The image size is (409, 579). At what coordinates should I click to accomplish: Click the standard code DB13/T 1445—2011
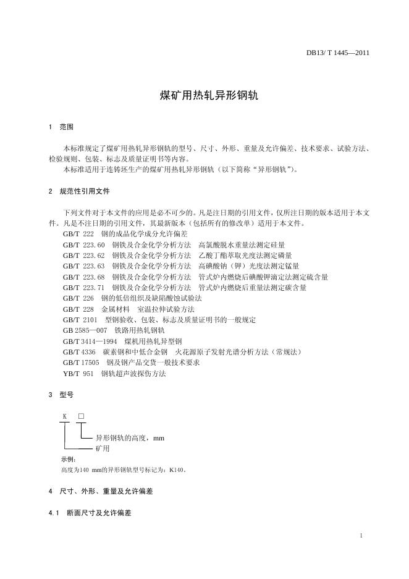pyautogui.click(x=338, y=53)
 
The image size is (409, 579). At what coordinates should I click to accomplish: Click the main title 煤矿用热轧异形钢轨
pyautogui.click(x=204, y=96)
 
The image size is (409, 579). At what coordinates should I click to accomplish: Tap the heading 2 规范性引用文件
pyautogui.click(x=78, y=192)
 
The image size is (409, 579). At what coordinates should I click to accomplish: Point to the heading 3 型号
pyautogui.click(x=61, y=395)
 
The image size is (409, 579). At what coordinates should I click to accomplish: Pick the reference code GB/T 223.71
pyautogui.click(x=84, y=288)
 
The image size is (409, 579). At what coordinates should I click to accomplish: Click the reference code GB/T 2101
pyautogui.click(x=80, y=320)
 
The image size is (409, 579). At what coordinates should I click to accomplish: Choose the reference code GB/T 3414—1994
pyautogui.click(x=90, y=341)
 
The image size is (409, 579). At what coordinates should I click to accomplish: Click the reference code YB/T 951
pyautogui.click(x=78, y=374)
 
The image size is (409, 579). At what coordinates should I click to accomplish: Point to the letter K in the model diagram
pyautogui.click(x=64, y=416)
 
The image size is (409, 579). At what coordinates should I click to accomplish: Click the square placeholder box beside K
pyautogui.click(x=80, y=416)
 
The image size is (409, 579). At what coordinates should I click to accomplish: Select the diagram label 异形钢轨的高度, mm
pyautogui.click(x=130, y=438)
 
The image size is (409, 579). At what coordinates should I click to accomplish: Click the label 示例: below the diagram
pyautogui.click(x=68, y=459)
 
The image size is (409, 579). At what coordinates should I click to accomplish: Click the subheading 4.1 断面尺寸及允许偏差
pyautogui.click(x=93, y=513)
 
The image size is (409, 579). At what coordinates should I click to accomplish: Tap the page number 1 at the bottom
pyautogui.click(x=361, y=536)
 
